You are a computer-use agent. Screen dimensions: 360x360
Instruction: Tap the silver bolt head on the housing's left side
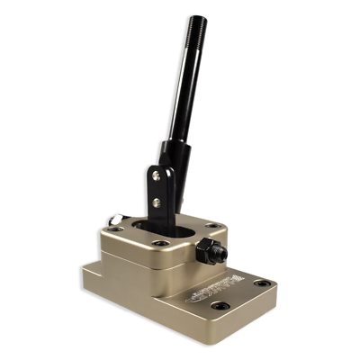(x=114, y=220)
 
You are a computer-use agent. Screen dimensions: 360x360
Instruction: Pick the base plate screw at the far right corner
(x=261, y=284)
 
